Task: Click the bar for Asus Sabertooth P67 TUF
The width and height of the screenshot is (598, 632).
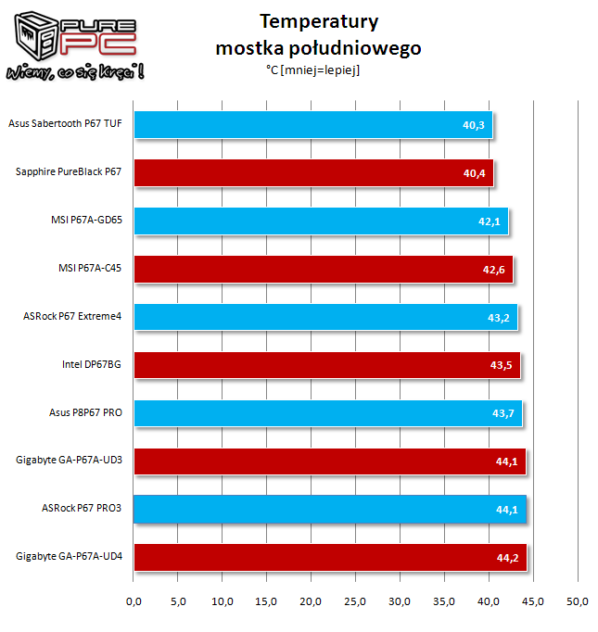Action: point(313,125)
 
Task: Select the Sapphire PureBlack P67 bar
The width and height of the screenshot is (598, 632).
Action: point(313,173)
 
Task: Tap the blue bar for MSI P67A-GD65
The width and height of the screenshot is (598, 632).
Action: point(322,221)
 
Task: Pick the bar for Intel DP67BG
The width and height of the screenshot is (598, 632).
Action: point(327,365)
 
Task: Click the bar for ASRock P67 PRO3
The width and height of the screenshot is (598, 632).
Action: point(330,510)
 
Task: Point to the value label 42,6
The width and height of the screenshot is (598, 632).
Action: point(494,270)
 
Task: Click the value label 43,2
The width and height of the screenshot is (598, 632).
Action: point(499,318)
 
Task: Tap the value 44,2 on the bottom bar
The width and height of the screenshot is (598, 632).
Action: point(507,558)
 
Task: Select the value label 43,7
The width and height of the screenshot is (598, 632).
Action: point(503,413)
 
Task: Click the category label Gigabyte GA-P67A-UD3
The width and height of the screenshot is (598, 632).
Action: point(69,461)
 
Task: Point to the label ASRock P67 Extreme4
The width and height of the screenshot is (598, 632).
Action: point(72,316)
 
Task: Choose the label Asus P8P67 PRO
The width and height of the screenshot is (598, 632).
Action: point(85,412)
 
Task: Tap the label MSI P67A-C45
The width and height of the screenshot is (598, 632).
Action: point(90,268)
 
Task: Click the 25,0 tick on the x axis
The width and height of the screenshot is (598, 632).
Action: point(355,601)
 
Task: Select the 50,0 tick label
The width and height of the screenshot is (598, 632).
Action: point(577,601)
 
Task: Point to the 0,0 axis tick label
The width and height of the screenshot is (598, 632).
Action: point(134,601)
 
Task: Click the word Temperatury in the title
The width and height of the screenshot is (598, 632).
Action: point(319,21)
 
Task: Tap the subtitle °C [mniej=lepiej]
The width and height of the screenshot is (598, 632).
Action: point(313,70)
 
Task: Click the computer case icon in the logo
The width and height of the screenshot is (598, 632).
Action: point(35,36)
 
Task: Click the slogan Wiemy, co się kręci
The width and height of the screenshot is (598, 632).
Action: point(75,71)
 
